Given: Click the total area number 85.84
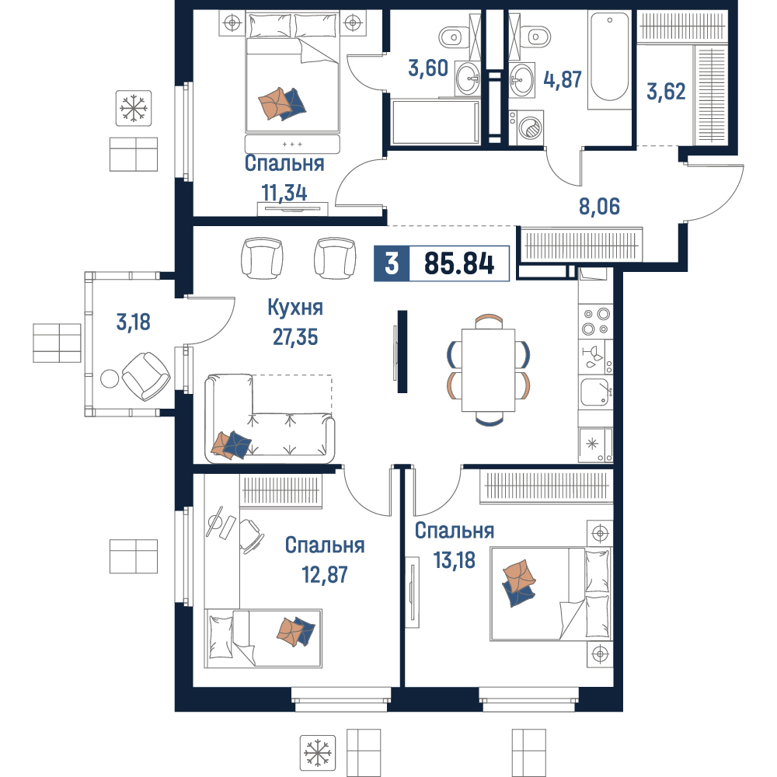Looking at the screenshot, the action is (x=459, y=263).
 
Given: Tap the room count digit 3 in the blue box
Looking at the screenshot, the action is (x=392, y=263).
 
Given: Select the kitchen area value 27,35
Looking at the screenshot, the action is (x=295, y=337).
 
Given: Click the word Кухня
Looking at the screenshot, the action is (x=295, y=307).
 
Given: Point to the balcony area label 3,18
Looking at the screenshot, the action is (x=134, y=322).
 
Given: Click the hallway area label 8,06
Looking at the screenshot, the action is (x=599, y=206).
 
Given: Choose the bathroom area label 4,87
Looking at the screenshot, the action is (x=563, y=79).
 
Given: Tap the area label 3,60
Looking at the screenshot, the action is (x=428, y=68).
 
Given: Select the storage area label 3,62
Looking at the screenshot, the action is (x=666, y=92).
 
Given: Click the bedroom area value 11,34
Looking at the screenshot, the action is (x=284, y=193).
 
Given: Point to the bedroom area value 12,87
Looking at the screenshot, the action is (x=325, y=575).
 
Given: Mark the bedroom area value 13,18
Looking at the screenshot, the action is (x=455, y=560).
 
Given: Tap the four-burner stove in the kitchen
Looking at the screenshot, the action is (x=596, y=321).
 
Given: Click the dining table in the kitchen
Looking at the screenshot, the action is (x=488, y=370).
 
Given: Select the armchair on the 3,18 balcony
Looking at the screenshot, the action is (x=146, y=377).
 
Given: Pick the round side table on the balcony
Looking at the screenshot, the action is (x=110, y=379).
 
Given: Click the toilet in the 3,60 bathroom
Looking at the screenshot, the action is (x=451, y=37).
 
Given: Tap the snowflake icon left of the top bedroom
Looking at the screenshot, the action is (x=134, y=108).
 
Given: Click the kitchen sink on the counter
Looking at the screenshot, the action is (x=595, y=392).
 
